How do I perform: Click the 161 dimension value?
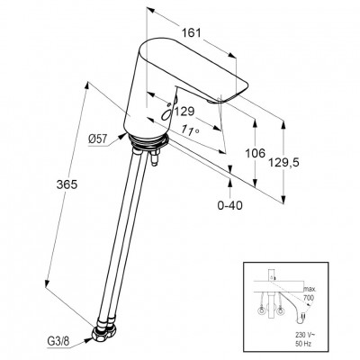click(192, 32)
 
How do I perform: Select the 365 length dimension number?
click(67, 184)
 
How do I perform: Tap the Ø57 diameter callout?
click(97, 139)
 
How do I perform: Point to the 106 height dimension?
click(256, 153)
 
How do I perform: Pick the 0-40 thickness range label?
click(230, 205)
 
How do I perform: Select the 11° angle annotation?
click(191, 130)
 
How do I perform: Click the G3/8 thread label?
click(58, 341)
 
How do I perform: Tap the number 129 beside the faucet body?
click(184, 112)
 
